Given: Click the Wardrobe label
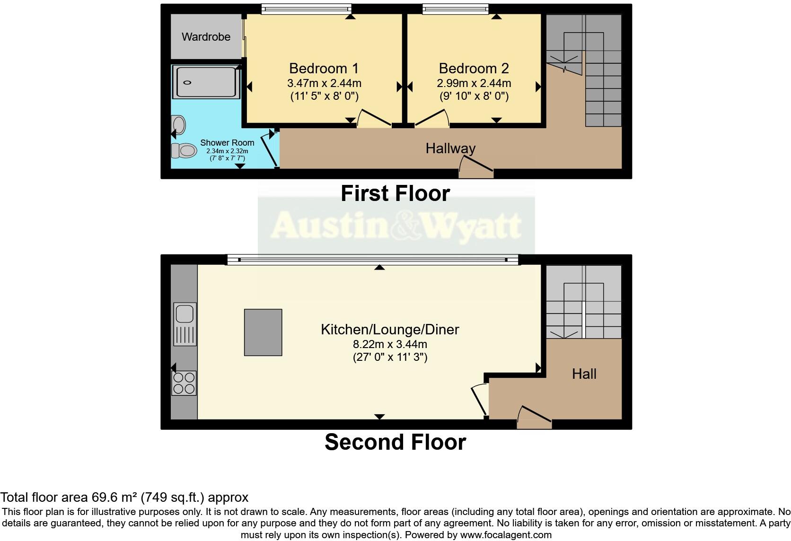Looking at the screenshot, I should [206, 37].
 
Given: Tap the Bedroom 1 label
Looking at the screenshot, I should [324, 69].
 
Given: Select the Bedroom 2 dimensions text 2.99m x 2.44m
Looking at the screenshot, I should [474, 83].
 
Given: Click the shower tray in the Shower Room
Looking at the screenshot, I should [206, 82].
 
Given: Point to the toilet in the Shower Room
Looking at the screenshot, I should [185, 151].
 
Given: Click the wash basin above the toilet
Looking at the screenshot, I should [179, 125].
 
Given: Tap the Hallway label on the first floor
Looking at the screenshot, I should [450, 148].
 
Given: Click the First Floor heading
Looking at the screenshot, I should [395, 194].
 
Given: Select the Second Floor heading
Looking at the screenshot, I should [395, 442].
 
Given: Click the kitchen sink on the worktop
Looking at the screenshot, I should [185, 324].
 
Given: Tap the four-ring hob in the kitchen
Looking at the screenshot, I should [184, 383].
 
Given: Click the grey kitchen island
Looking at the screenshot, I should [263, 332].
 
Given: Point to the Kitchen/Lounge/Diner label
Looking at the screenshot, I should [390, 330].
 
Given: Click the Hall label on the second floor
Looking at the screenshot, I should [584, 374].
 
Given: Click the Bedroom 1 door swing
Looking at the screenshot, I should [373, 119].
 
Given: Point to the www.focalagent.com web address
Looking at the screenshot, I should [506, 535].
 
